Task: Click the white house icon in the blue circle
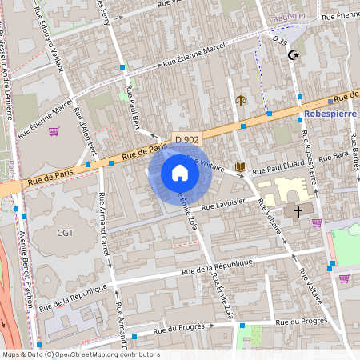[180, 173]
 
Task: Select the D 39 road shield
[279, 38]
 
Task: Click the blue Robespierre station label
[331, 114]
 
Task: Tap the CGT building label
[65, 233]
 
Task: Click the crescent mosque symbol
[293, 55]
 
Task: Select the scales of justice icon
[241, 102]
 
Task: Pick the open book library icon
[240, 166]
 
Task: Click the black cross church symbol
[298, 212]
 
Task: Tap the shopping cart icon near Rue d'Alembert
[54, 131]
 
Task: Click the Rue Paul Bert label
[133, 106]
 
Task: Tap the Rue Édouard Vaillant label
[51, 36]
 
